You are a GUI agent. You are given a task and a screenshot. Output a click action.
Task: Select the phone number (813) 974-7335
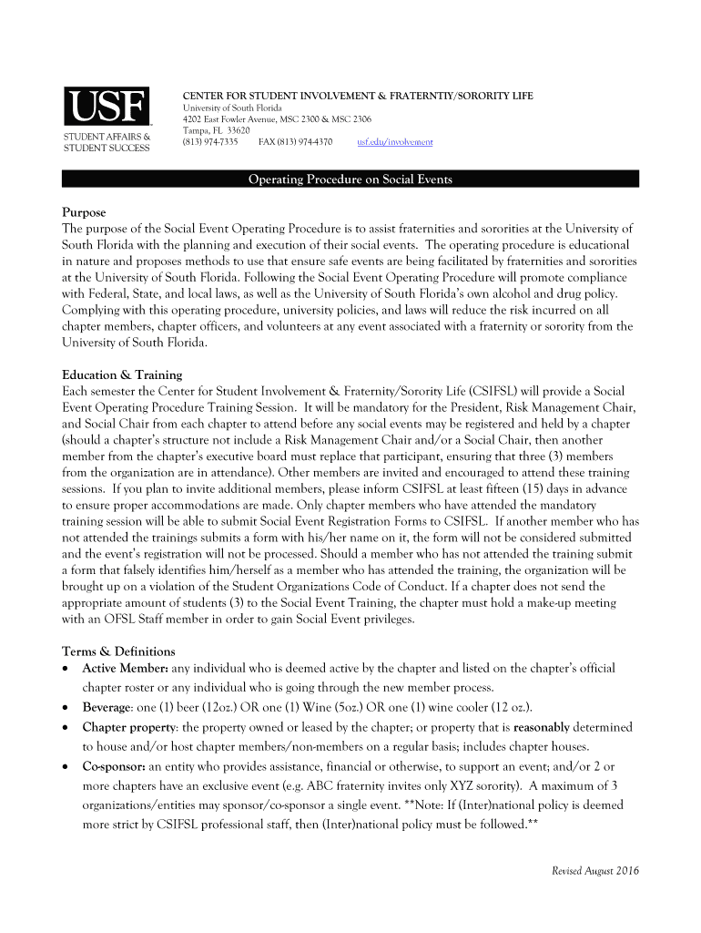210,142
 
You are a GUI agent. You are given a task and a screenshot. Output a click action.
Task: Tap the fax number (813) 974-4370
295,142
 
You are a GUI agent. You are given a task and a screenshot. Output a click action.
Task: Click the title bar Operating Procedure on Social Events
350,179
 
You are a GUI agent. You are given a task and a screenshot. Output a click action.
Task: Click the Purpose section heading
84,212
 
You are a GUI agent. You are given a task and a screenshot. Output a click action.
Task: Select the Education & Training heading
122,374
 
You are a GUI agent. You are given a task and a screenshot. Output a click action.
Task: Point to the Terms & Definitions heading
118,651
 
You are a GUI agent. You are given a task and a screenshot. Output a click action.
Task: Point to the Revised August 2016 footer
595,871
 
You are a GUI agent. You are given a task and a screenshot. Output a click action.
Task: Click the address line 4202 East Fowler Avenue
277,119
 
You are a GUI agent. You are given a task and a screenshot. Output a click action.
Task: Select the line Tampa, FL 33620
217,130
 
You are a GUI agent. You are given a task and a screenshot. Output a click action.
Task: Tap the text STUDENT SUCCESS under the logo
106,148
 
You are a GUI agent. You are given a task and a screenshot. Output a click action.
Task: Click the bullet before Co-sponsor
66,767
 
